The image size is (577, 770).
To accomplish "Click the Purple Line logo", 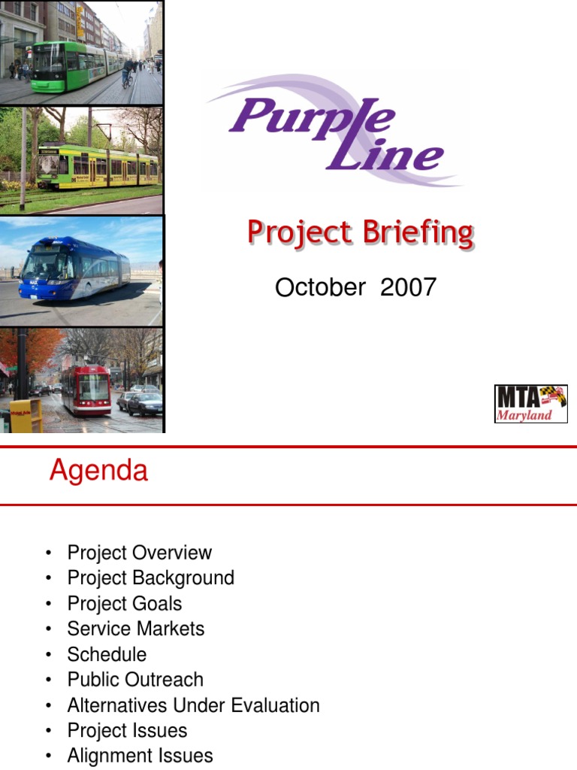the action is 334,131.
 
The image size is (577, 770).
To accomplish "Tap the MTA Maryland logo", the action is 531,404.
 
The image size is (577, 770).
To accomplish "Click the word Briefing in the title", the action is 418,233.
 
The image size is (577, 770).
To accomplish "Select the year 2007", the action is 408,287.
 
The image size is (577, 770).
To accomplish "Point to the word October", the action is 320,287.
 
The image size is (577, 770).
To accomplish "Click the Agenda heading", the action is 98,471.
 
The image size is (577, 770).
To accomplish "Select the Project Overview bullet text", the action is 139,553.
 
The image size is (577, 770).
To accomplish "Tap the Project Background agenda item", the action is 150,578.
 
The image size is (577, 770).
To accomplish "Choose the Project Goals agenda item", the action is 125,604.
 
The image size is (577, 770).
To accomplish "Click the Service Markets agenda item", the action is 136,629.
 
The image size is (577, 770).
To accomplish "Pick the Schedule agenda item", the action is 107,655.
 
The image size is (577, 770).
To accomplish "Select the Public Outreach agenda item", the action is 135,680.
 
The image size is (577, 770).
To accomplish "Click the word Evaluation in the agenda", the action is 275,705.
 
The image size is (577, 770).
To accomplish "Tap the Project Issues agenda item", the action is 127,731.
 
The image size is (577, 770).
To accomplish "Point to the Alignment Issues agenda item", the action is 140,756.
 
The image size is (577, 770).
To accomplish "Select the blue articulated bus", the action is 74,268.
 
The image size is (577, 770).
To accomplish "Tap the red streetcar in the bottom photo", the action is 86,390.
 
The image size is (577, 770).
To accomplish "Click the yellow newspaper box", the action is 26,415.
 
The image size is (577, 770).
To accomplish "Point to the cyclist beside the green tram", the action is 128,73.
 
